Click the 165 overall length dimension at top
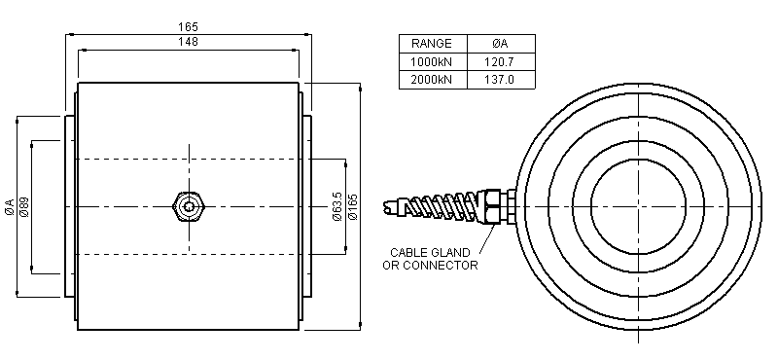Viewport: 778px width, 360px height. click(x=188, y=27)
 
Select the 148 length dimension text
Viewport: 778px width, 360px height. click(x=188, y=42)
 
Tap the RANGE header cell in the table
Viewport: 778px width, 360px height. click(x=432, y=44)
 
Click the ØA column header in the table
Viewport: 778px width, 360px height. click(x=500, y=44)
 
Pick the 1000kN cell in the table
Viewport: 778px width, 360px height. click(x=432, y=62)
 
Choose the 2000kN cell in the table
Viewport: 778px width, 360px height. click(x=432, y=80)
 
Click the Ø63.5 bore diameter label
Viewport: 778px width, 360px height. click(x=337, y=206)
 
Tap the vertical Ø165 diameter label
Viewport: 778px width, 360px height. click(x=353, y=206)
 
